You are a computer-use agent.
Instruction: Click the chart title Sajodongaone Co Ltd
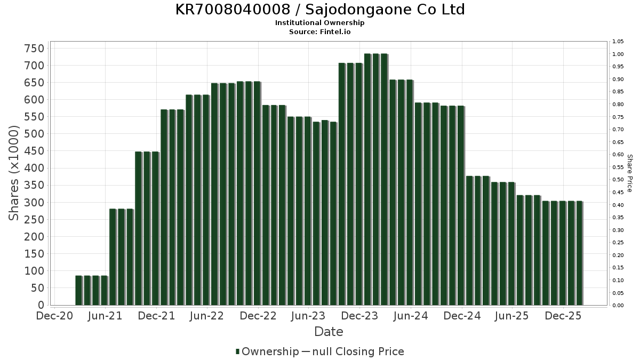[x=320, y=10]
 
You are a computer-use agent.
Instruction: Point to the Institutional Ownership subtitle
[x=320, y=23]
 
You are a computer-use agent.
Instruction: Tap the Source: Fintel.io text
[x=320, y=31]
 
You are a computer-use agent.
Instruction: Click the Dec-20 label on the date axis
[x=54, y=316]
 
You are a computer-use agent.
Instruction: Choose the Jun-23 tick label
[x=309, y=316]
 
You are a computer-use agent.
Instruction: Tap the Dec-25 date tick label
[x=563, y=316]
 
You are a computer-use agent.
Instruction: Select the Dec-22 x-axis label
[x=258, y=316]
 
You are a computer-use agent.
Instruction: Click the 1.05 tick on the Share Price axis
[x=618, y=42]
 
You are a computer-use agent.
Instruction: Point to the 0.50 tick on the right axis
[x=618, y=180]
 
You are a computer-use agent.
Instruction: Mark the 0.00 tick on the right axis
[x=618, y=306]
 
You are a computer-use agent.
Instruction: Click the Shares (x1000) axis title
[x=14, y=173]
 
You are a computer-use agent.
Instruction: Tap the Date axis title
[x=329, y=332]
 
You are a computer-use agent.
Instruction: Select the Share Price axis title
[x=629, y=173]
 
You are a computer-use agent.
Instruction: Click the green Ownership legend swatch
[x=238, y=351]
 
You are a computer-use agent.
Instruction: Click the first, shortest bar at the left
[x=78, y=291]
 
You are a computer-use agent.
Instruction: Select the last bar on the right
[x=579, y=253]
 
